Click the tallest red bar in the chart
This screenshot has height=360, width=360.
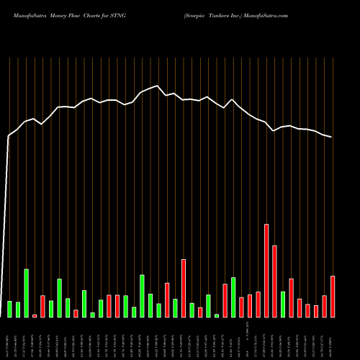point(266,271)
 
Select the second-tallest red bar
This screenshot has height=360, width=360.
point(274,282)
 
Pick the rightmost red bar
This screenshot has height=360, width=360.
point(333,297)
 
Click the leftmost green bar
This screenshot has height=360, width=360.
point(10,309)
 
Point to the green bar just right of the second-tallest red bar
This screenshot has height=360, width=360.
point(283,305)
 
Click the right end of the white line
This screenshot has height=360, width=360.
point(332,137)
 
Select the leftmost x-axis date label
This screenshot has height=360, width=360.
point(10,337)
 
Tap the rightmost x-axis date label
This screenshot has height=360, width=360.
point(333,337)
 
